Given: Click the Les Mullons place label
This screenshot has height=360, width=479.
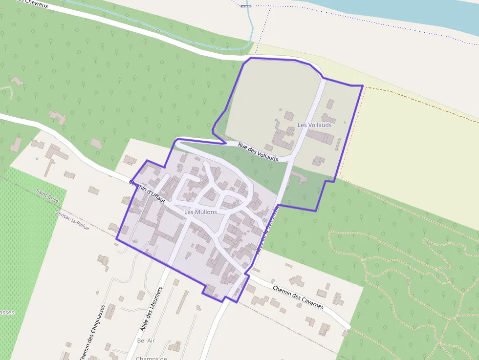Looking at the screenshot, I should [x=200, y=212].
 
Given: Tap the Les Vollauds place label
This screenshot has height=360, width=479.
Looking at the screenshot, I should [x=314, y=125].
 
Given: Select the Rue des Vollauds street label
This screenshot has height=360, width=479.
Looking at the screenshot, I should [x=258, y=152].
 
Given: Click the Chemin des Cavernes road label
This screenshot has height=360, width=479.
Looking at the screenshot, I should [x=298, y=297].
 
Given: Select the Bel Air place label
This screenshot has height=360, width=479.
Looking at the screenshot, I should [x=146, y=340].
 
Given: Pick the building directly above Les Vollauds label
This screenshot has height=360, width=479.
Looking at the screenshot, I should [x=330, y=104].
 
